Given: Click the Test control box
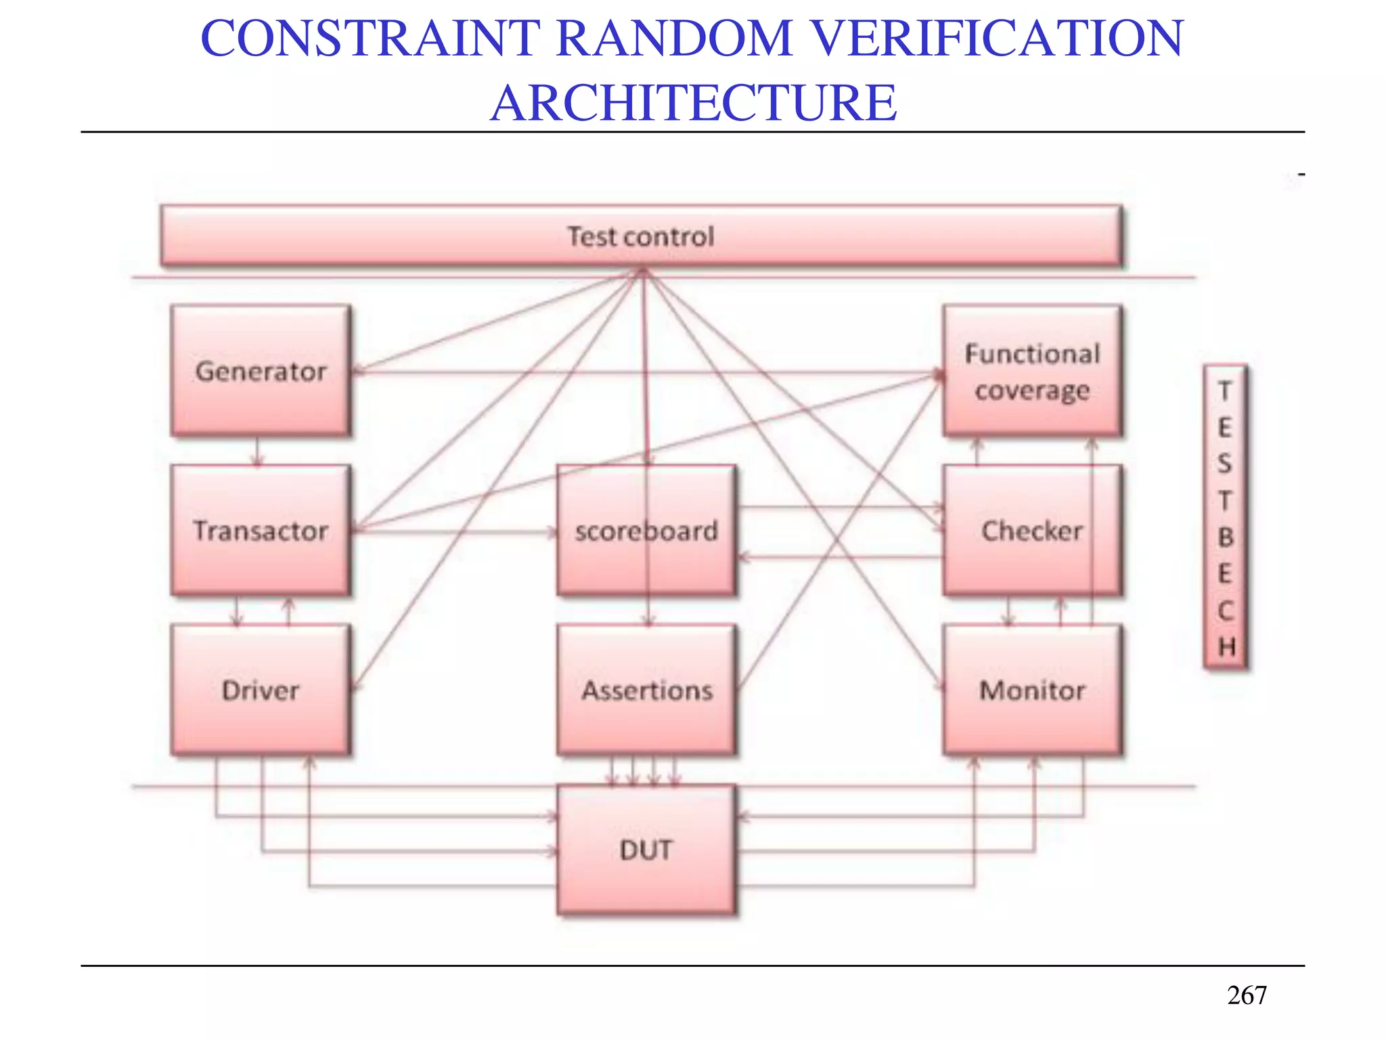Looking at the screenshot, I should pos(640,236).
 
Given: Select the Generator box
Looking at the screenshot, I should pos(261,370).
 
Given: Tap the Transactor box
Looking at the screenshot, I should pos(261,530).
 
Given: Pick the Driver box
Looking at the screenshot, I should pos(261,690).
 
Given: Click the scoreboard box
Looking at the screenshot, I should pos(646,530).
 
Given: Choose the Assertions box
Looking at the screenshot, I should pos(646,690).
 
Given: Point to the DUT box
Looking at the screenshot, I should pos(646,850).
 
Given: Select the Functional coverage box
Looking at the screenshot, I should pos(1032,370).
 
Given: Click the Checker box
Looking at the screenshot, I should pos(1032,530).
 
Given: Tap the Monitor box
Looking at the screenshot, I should pos(1032,690).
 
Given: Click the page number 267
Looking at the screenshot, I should pos(1247,995).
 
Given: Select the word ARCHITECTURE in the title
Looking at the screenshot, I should pos(694,103).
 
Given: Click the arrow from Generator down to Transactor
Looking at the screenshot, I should pos(256,451).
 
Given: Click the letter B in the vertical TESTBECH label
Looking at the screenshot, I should pos(1225,537).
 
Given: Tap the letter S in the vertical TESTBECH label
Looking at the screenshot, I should pos(1225,464).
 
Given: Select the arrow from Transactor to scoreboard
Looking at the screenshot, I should pos(453,532).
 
